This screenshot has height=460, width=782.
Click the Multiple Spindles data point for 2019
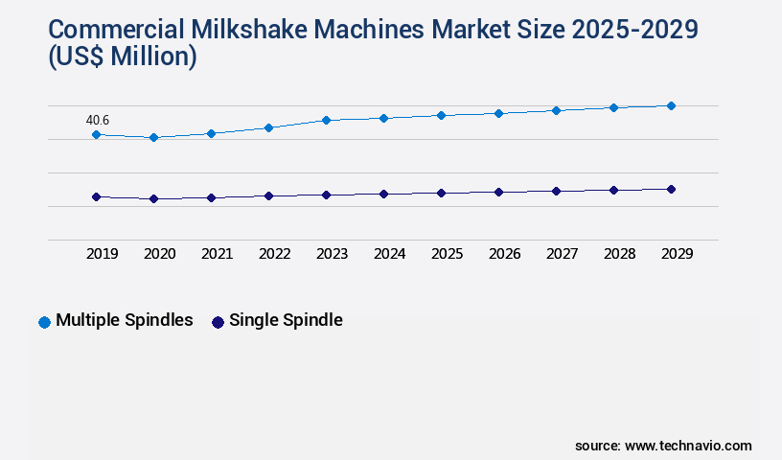96,135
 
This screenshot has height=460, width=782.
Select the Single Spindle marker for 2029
671,189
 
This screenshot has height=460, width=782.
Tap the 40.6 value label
98,120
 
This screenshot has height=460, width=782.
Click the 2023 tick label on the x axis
332,254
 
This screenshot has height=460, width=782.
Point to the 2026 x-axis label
504,254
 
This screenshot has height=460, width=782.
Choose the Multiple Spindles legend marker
44,322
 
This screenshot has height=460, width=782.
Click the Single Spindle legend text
286,321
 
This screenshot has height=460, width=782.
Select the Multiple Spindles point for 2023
326,120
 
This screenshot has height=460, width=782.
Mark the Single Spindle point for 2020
153,198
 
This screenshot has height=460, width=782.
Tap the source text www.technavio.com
688,446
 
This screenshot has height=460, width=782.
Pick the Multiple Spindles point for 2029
671,105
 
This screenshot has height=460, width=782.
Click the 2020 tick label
159,254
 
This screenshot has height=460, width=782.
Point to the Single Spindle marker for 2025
441,193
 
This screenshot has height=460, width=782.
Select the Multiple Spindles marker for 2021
211,133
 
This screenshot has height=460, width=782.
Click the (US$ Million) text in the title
121,57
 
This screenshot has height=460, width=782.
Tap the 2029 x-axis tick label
677,254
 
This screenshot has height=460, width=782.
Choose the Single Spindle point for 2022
268,195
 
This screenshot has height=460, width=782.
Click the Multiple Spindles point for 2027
556,110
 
